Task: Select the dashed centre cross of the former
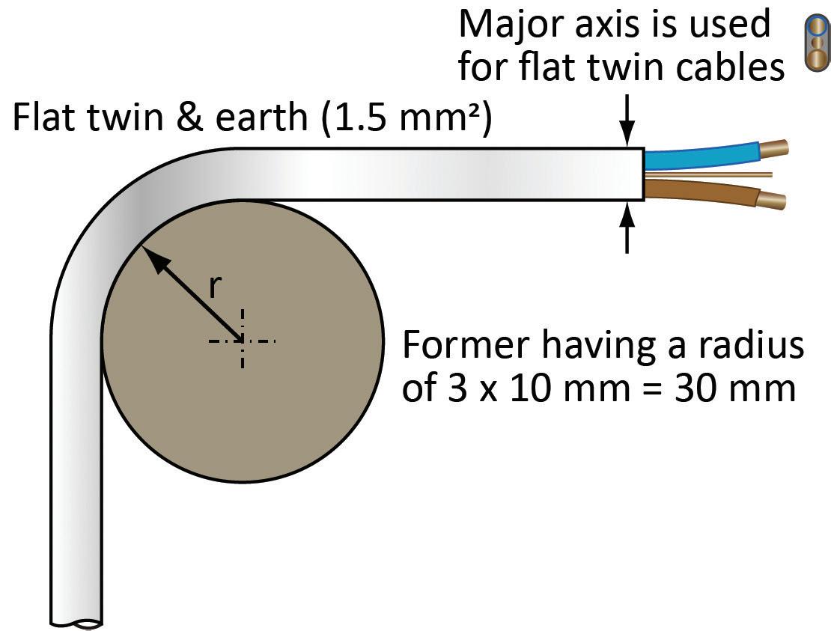pos(242,341)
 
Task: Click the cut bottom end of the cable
pos(76,621)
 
